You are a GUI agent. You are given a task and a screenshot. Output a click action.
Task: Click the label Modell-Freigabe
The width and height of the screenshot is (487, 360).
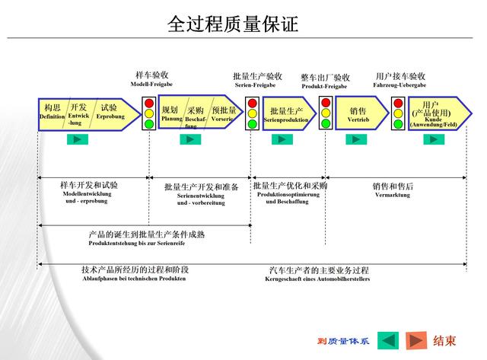(151, 85)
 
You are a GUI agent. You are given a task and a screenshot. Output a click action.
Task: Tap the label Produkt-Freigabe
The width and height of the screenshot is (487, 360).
(324, 86)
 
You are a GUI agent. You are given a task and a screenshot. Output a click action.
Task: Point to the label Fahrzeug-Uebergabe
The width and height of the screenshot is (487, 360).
(399, 85)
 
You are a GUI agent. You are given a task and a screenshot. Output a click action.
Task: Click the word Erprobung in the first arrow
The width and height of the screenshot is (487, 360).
(110, 116)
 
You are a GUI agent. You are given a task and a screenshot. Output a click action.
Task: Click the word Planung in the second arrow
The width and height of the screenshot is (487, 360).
(172, 119)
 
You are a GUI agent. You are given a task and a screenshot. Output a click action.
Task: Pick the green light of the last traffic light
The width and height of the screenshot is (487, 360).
(398, 124)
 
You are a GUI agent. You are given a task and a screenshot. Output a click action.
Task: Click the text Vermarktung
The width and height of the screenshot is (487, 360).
(393, 195)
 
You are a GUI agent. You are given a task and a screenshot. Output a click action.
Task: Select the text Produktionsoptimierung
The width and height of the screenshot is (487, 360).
(288, 195)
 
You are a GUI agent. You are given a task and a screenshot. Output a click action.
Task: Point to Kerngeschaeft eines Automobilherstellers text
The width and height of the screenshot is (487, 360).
(318, 279)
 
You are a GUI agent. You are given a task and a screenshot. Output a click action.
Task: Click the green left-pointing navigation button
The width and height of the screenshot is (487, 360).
(388, 340)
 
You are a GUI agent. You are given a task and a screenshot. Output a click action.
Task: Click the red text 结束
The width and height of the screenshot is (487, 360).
(445, 340)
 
